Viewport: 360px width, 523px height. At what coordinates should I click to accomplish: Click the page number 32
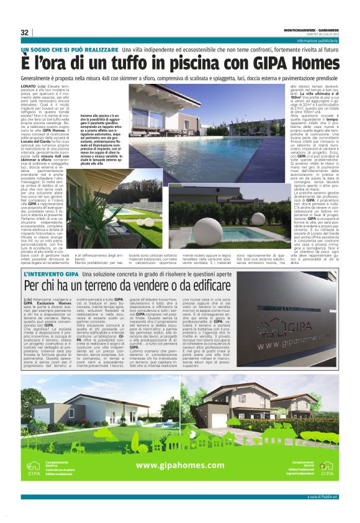tap(25, 32)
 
